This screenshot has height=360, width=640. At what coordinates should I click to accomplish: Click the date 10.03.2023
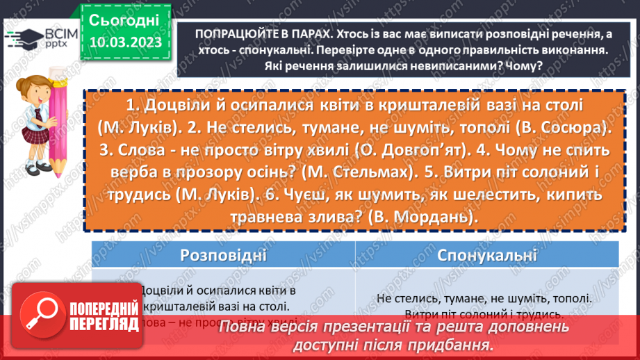tap(124, 44)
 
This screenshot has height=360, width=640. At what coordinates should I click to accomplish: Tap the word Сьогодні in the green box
tap(124, 19)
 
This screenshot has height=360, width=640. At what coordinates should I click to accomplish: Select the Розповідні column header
tap(223, 255)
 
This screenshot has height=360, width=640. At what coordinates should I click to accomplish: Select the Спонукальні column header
tap(487, 255)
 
